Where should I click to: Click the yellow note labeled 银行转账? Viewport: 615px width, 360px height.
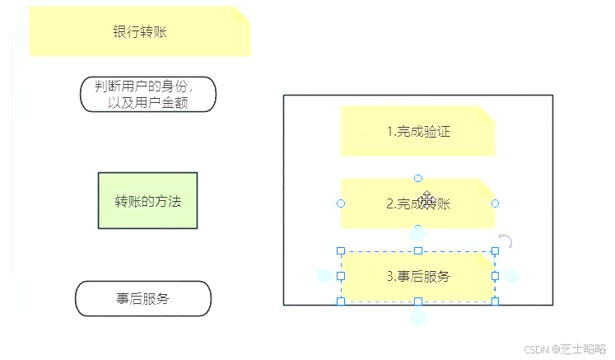tap(139, 32)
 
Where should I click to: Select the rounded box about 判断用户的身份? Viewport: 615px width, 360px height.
tap(148, 95)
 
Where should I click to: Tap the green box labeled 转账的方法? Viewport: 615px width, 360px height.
tap(147, 201)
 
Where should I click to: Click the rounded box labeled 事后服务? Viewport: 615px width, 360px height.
tap(143, 299)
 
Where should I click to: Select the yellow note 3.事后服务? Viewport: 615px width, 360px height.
tap(417, 277)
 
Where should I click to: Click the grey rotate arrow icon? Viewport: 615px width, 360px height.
tap(506, 241)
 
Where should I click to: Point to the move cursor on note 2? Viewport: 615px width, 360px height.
tap(426, 200)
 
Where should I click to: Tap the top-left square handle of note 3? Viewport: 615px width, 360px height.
tap(341, 250)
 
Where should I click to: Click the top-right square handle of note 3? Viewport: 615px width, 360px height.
tap(495, 250)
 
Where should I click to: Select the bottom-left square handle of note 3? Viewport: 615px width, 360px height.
tap(341, 302)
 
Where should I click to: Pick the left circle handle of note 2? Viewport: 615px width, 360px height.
tap(341, 203)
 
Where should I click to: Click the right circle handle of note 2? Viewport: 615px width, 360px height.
tap(495, 203)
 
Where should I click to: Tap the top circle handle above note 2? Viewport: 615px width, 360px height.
tap(418, 178)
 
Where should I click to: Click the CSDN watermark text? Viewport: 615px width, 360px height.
tap(564, 348)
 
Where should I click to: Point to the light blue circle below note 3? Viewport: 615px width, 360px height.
tap(418, 317)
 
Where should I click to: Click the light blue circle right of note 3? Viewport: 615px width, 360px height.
tap(512, 277)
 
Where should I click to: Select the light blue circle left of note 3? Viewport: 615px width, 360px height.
tap(324, 277)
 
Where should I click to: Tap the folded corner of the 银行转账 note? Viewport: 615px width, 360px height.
tap(241, 15)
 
